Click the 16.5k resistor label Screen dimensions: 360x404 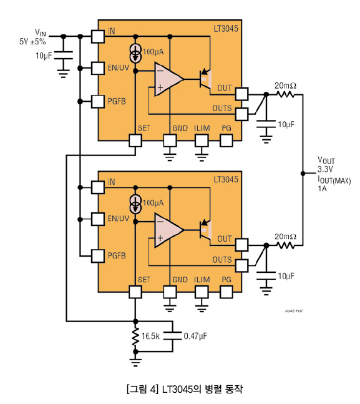coord(150,336)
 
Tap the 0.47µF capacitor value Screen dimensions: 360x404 coord(195,336)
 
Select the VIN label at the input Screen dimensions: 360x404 coord(41,32)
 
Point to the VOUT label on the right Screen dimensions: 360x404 coord(326,160)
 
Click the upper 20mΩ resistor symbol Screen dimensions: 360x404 coord(285,94)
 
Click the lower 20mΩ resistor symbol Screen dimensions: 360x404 coord(285,245)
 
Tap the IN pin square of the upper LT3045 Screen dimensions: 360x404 coord(98,36)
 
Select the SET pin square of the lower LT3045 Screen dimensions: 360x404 coord(135,292)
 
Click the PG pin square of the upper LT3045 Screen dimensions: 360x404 coord(226,140)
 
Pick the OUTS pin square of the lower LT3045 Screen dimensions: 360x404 coord(242,265)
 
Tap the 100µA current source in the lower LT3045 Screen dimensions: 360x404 coord(136,204)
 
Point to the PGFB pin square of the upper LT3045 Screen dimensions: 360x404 coord(98,101)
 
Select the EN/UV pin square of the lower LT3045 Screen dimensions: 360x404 coord(98,219)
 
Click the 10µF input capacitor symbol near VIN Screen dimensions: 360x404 coord(64,55)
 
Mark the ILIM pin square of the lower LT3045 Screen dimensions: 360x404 coord(202,292)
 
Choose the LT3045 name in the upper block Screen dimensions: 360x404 coord(226,29)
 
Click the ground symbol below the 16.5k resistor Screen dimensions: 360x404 coord(135,362)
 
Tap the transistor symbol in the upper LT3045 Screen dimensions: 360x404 coord(205,79)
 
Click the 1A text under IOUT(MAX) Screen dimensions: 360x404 coord(322,189)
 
